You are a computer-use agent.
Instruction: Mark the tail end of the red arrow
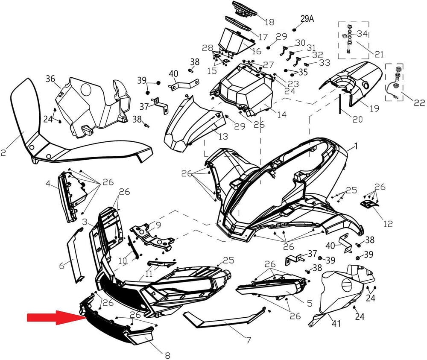pos(27,318)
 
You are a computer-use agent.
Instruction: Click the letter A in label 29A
pos(311,19)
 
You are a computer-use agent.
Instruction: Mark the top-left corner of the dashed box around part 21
pos(338,22)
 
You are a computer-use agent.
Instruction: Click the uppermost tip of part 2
pos(28,78)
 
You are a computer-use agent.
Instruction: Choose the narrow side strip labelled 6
pos(75,255)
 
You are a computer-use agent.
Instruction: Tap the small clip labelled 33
pos(306,64)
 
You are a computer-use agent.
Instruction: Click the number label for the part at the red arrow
pos(167,355)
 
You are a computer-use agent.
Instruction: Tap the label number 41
pos(336,324)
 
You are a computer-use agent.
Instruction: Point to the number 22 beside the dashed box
pos(419,102)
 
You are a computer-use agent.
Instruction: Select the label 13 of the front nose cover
pos(223,136)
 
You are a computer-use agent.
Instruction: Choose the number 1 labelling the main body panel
pos(356,146)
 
